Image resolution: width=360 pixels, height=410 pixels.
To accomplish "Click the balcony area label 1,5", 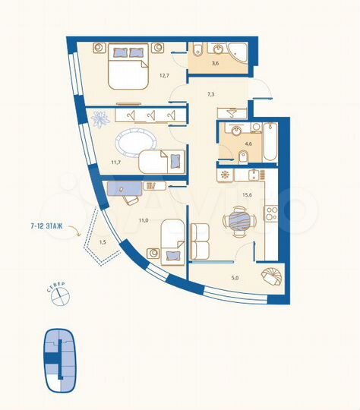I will [103, 242].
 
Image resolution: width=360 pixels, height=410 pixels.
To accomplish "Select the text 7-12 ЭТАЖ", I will [48, 225].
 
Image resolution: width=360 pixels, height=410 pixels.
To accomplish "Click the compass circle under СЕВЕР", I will [58, 298].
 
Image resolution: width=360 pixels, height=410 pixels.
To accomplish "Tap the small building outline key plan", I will [58, 361].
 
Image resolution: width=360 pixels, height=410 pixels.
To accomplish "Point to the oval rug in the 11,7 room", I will [136, 143].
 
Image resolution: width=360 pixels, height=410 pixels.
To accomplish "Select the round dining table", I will [236, 221].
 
